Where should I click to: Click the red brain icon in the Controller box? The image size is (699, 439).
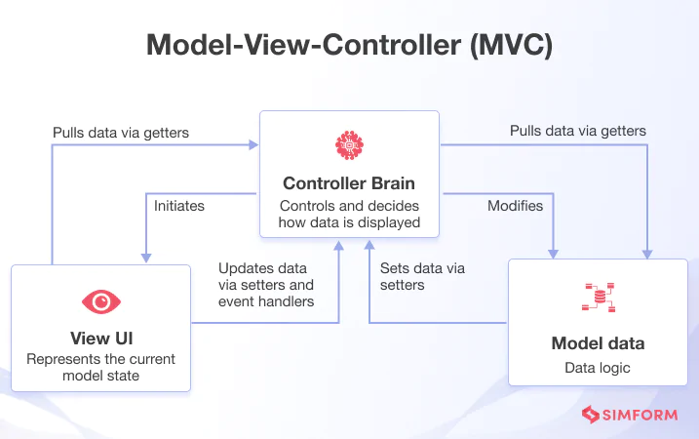point(349,145)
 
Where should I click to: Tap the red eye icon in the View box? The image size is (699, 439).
point(101,302)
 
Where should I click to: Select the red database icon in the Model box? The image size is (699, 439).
point(599,298)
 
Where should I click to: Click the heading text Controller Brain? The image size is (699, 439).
point(349,183)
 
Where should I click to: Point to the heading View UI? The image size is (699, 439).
point(101,339)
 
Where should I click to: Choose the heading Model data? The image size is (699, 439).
point(598,343)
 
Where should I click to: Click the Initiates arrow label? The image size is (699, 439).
point(179,206)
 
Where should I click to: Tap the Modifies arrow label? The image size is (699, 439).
point(516,206)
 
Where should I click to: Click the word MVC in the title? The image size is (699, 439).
point(511,45)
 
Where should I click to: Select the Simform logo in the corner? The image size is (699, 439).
point(630,415)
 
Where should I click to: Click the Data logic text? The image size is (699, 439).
point(598,368)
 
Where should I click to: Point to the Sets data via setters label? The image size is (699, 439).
point(422,277)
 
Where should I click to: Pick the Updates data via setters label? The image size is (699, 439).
point(266,285)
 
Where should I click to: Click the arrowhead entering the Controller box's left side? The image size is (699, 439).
point(253,145)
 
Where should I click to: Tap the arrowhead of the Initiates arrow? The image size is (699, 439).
point(146,258)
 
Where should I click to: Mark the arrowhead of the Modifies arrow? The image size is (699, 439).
point(553,254)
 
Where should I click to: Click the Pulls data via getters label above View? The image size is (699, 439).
point(121,133)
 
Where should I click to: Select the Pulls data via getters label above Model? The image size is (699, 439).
point(578,131)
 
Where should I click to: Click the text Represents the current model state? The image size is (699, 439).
point(100,367)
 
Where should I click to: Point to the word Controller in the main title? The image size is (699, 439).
point(391,45)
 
